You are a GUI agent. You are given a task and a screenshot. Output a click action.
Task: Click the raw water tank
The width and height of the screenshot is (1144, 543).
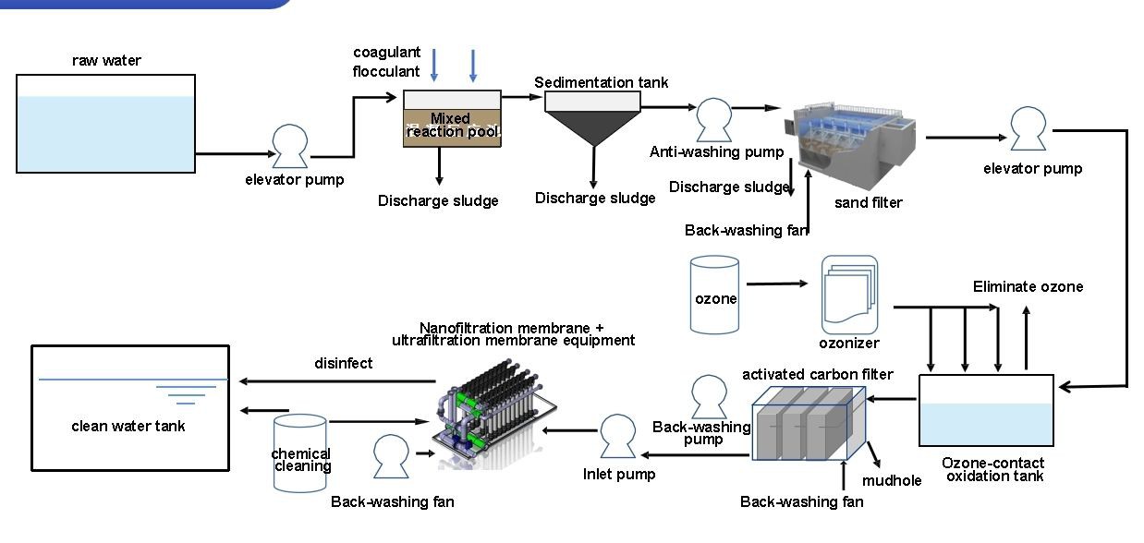[106, 124]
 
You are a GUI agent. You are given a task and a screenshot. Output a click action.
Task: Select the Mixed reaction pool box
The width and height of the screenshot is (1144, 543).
[452, 118]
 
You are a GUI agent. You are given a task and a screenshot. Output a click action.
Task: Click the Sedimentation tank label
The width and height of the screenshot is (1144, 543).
[601, 82]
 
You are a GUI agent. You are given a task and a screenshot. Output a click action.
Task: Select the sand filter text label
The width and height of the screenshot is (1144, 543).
[868, 202]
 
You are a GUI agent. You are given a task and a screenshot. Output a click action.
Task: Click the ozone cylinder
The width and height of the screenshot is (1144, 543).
[715, 295]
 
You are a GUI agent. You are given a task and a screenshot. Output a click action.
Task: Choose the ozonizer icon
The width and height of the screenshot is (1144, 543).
[848, 296]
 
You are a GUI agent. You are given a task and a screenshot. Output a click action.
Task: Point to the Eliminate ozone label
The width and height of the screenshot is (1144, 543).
[1028, 286]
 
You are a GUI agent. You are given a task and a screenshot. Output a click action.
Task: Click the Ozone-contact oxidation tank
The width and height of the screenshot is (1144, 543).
[986, 411]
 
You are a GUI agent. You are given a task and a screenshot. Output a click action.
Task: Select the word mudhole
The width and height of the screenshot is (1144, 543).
[892, 480]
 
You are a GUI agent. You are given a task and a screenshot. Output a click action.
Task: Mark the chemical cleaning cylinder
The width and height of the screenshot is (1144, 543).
[300, 452]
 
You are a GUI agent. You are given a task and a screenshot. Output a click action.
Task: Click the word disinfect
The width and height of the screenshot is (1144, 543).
[343, 363]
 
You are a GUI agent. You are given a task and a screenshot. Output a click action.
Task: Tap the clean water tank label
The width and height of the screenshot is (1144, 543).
[128, 426]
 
